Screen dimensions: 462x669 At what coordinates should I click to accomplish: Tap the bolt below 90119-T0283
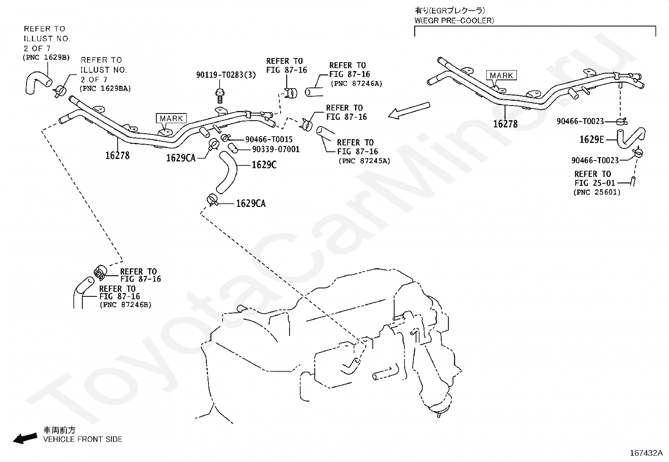219,95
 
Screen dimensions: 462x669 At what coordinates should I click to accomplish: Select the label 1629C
264,165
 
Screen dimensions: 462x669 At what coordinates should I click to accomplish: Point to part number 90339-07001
276,149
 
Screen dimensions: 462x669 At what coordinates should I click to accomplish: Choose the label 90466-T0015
269,139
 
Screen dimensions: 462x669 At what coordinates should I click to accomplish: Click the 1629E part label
592,140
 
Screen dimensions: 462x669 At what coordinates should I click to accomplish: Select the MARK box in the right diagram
501,76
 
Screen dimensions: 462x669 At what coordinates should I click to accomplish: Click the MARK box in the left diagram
171,119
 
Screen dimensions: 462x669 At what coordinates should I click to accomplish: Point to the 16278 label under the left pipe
117,156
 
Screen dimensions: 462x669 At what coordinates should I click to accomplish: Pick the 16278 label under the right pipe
505,124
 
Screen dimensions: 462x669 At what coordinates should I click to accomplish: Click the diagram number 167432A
646,453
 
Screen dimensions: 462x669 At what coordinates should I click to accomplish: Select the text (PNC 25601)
596,192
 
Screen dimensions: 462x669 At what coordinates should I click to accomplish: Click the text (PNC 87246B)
125,305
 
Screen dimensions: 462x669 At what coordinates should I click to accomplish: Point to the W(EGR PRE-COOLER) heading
454,20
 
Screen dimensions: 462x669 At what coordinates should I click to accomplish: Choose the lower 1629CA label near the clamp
251,203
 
